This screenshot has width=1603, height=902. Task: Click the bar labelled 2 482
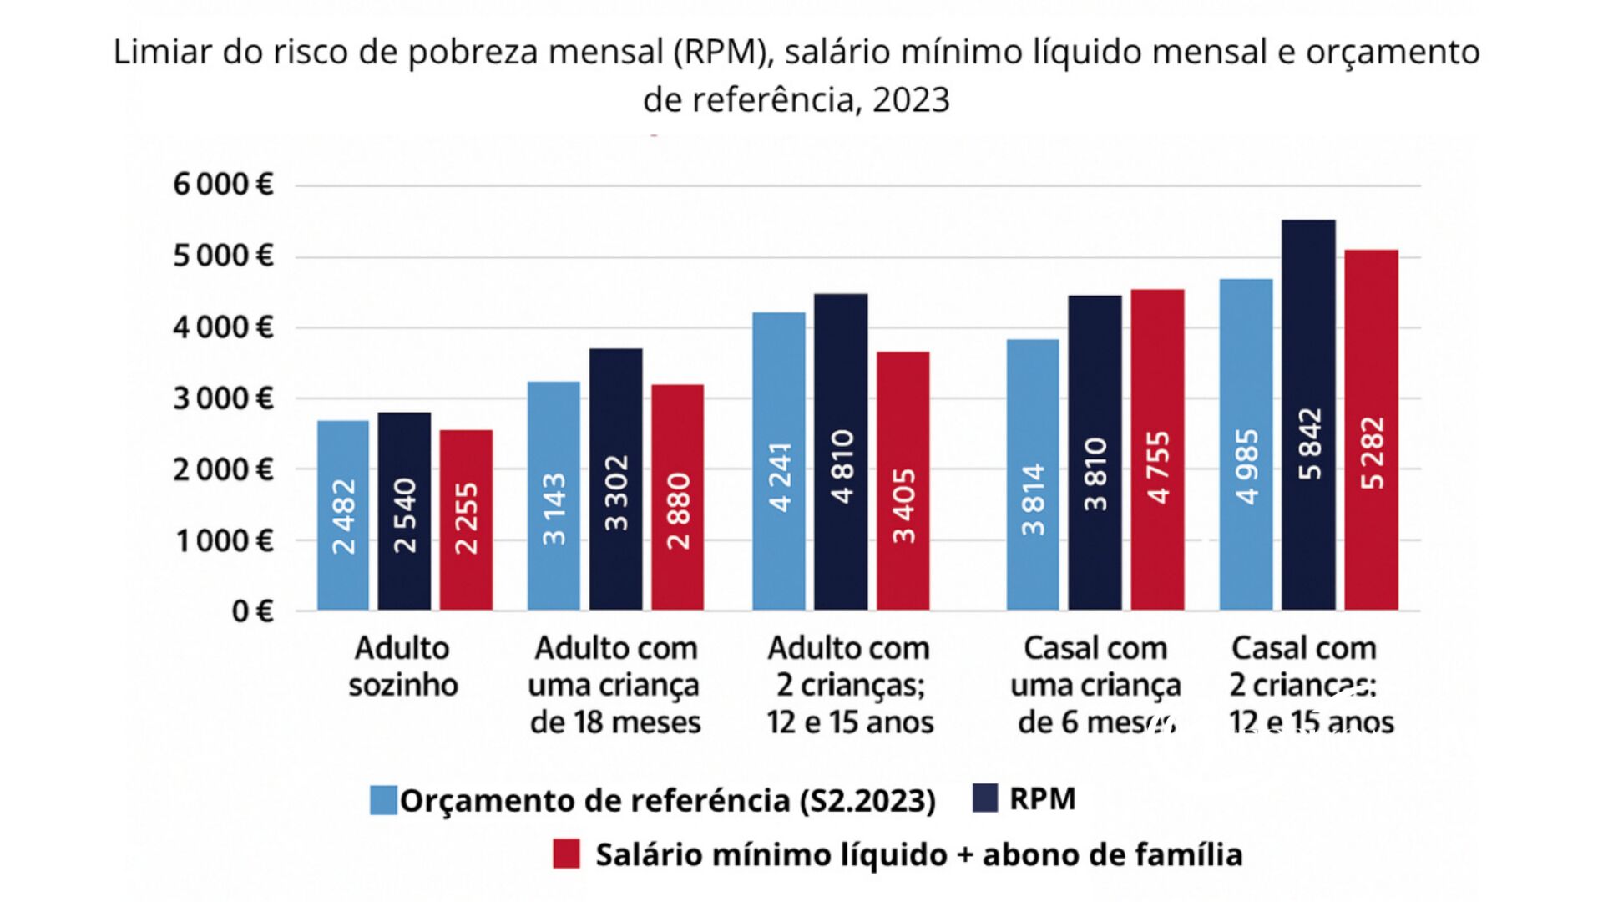(x=343, y=515)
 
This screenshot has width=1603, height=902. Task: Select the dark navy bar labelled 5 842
(x=1308, y=415)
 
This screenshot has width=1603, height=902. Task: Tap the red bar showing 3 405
(x=903, y=480)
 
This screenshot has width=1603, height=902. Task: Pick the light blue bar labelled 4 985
(x=1246, y=444)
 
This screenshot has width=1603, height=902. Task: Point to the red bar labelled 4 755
(x=1157, y=449)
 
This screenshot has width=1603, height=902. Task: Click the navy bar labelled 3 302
(x=615, y=479)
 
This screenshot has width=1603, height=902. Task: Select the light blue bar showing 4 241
(x=779, y=461)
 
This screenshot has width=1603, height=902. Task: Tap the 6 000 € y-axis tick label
(x=223, y=184)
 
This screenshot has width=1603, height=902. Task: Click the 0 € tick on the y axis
(x=252, y=611)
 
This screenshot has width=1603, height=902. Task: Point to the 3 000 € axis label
(x=223, y=398)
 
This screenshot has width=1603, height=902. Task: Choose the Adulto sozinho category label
(x=403, y=666)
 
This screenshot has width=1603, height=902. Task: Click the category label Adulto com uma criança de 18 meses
(x=615, y=685)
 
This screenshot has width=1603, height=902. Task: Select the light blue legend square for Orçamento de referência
(x=383, y=800)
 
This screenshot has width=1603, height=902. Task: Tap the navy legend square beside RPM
(x=985, y=798)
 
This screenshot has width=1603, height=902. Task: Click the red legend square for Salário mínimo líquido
(x=566, y=854)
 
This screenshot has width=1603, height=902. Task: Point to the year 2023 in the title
(x=911, y=100)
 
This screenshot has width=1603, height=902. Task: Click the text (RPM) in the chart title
(x=720, y=52)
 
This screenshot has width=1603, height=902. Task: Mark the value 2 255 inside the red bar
(x=466, y=518)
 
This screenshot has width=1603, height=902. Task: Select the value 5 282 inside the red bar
(x=1372, y=453)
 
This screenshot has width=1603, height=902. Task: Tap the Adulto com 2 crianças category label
(x=850, y=685)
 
